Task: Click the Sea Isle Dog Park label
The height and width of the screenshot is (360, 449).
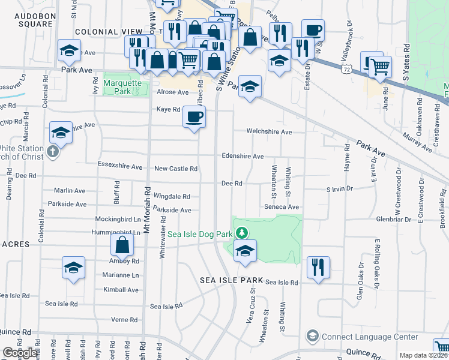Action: [200, 234]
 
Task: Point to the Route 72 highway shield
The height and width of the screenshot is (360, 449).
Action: [348, 70]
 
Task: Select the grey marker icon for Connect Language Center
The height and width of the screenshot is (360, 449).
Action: [312, 335]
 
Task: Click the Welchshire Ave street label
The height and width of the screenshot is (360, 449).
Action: [269, 132]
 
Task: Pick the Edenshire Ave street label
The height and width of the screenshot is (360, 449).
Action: [243, 156]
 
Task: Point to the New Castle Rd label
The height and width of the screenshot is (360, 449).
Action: [176, 169]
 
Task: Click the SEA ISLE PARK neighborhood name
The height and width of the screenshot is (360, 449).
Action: [232, 281]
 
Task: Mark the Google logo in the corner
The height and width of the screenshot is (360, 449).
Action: [20, 353]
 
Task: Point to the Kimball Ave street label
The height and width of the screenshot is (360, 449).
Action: [121, 290]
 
